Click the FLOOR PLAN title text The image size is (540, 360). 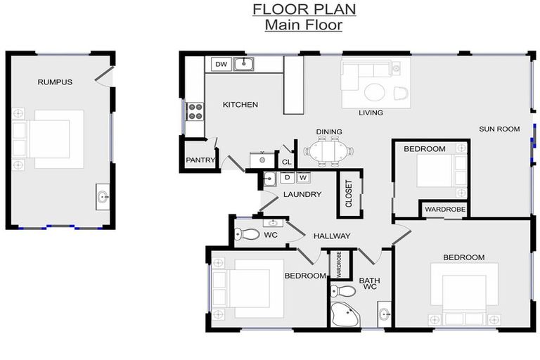tap(304, 9)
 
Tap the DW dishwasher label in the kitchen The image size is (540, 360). tap(221, 65)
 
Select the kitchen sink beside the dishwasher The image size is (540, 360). tap(243, 65)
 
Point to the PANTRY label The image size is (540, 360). tap(200, 160)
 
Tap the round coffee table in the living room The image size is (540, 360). tap(375, 92)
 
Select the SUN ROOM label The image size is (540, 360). tap(499, 129)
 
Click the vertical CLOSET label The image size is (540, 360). tap(349, 194)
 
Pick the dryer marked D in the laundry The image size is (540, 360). tap(287, 178)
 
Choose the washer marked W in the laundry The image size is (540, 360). tap(303, 178)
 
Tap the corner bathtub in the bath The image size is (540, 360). tap(345, 316)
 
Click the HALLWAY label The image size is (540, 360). tap(331, 236)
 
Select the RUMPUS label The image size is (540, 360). tap(55, 82)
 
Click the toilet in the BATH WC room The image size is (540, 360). tap(343, 290)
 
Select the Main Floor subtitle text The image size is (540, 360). tap(304, 25)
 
